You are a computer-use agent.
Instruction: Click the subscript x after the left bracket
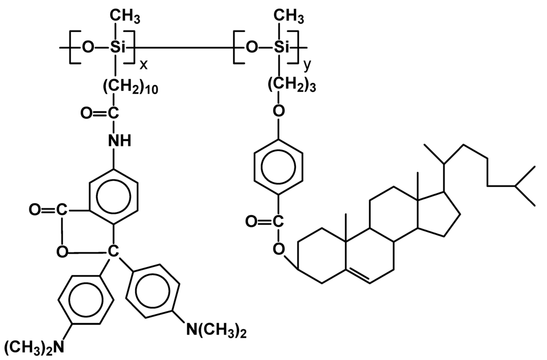(143, 65)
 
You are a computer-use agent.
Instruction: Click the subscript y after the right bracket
(307, 65)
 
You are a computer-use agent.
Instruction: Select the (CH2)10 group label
(128, 87)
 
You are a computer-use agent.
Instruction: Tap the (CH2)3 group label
(291, 87)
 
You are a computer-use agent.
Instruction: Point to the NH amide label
(119, 140)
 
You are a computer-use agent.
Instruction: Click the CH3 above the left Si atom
(126, 19)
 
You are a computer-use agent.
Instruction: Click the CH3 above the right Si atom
(290, 19)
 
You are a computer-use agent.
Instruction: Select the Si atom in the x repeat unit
(117, 48)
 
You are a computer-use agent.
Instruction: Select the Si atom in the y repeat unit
(281, 48)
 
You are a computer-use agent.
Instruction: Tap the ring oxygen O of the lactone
(62, 251)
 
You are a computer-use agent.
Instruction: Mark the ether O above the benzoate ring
(278, 111)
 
